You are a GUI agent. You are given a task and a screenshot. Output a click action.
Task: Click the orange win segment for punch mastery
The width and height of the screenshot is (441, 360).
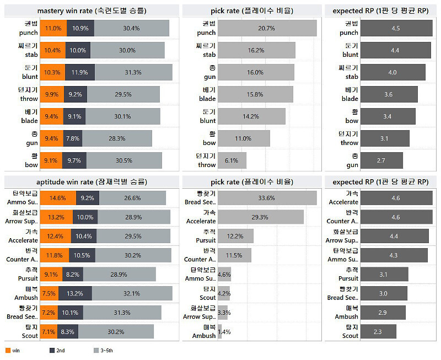tap(54, 28)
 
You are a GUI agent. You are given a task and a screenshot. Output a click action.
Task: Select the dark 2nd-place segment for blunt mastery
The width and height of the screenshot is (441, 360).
tap(80, 72)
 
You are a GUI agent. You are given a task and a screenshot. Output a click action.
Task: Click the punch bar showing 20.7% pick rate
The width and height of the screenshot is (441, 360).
tap(267, 28)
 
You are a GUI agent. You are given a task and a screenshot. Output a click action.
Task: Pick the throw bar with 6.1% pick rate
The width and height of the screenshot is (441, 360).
tap(232, 160)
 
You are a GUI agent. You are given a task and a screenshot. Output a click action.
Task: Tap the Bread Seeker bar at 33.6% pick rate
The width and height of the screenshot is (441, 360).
tap(267, 198)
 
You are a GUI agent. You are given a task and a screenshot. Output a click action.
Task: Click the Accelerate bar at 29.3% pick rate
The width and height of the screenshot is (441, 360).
tap(261, 217)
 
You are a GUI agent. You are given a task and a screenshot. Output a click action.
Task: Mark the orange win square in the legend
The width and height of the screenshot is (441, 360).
tap(8, 350)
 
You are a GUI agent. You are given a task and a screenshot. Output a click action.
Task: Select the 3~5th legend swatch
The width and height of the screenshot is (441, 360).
tap(95, 350)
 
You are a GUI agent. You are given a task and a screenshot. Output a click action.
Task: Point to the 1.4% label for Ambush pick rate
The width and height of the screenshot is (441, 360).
tap(224, 331)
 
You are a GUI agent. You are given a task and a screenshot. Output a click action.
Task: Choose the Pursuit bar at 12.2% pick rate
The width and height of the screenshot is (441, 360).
tap(235, 236)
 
